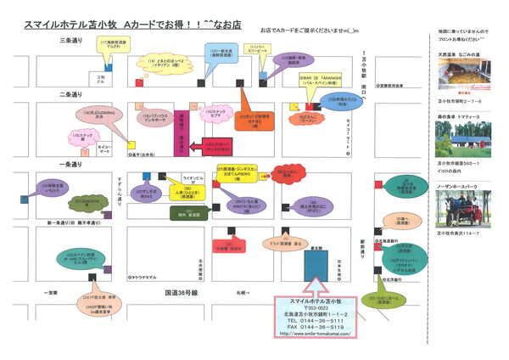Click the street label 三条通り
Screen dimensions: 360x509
[x=70, y=41]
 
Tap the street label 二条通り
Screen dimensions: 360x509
[x=70, y=93]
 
